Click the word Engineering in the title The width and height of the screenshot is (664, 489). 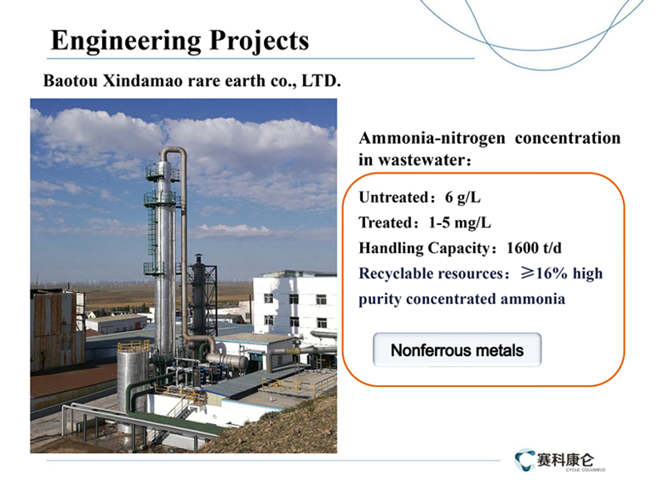point(126,42)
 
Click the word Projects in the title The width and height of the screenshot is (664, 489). point(259,42)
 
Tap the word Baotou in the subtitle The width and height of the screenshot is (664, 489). point(71,81)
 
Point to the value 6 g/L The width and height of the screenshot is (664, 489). point(463,198)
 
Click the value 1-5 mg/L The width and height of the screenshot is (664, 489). point(460,223)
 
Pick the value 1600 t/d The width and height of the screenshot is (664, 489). point(534,248)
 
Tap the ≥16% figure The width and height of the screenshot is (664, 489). point(545,273)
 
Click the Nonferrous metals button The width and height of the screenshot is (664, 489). point(457,350)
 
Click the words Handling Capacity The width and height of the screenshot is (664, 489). point(424,248)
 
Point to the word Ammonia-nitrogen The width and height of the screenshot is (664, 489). point(432,138)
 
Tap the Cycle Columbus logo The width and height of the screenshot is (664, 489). point(560,460)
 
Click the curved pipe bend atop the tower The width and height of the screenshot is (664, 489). point(174,152)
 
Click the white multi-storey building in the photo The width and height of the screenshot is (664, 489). point(295,305)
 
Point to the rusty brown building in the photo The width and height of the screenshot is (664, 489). point(58,329)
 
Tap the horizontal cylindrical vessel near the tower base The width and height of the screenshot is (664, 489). point(227,360)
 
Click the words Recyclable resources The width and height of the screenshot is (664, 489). point(432,273)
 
